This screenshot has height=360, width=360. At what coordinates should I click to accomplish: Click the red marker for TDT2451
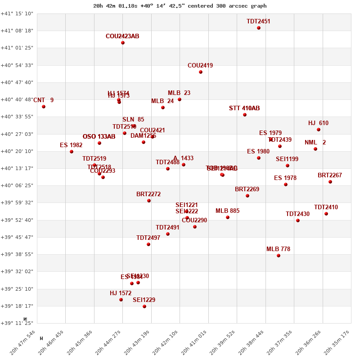click(x=259, y=28)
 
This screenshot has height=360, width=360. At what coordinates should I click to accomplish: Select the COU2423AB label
click(x=122, y=36)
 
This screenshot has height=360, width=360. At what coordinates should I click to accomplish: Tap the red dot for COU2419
click(x=201, y=72)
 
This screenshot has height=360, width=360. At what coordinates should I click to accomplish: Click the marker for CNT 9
click(x=44, y=107)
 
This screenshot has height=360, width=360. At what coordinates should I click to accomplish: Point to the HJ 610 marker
click(x=319, y=130)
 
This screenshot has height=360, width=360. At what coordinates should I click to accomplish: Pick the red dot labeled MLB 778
click(x=279, y=256)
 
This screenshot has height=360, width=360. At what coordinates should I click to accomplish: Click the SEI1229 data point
click(x=144, y=306)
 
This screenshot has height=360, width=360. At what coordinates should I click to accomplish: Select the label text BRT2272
click(x=148, y=194)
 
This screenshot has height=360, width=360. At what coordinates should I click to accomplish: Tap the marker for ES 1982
click(x=72, y=152)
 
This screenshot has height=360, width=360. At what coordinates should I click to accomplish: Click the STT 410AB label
click(x=244, y=108)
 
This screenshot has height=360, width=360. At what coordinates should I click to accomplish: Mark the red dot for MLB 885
click(x=228, y=217)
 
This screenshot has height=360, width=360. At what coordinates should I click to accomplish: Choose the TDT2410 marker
click(x=326, y=214)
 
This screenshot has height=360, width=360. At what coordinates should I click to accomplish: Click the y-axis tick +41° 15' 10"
click(x=17, y=13)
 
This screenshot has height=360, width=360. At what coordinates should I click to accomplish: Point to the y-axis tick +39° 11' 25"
click(x=17, y=323)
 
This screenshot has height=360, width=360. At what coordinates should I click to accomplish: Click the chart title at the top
click(x=180, y=6)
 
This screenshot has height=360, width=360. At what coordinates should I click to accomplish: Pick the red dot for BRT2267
click(x=330, y=182)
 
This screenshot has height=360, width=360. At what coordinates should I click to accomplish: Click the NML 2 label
click(x=315, y=143)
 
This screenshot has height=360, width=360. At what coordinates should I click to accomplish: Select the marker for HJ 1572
click(x=121, y=300)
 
